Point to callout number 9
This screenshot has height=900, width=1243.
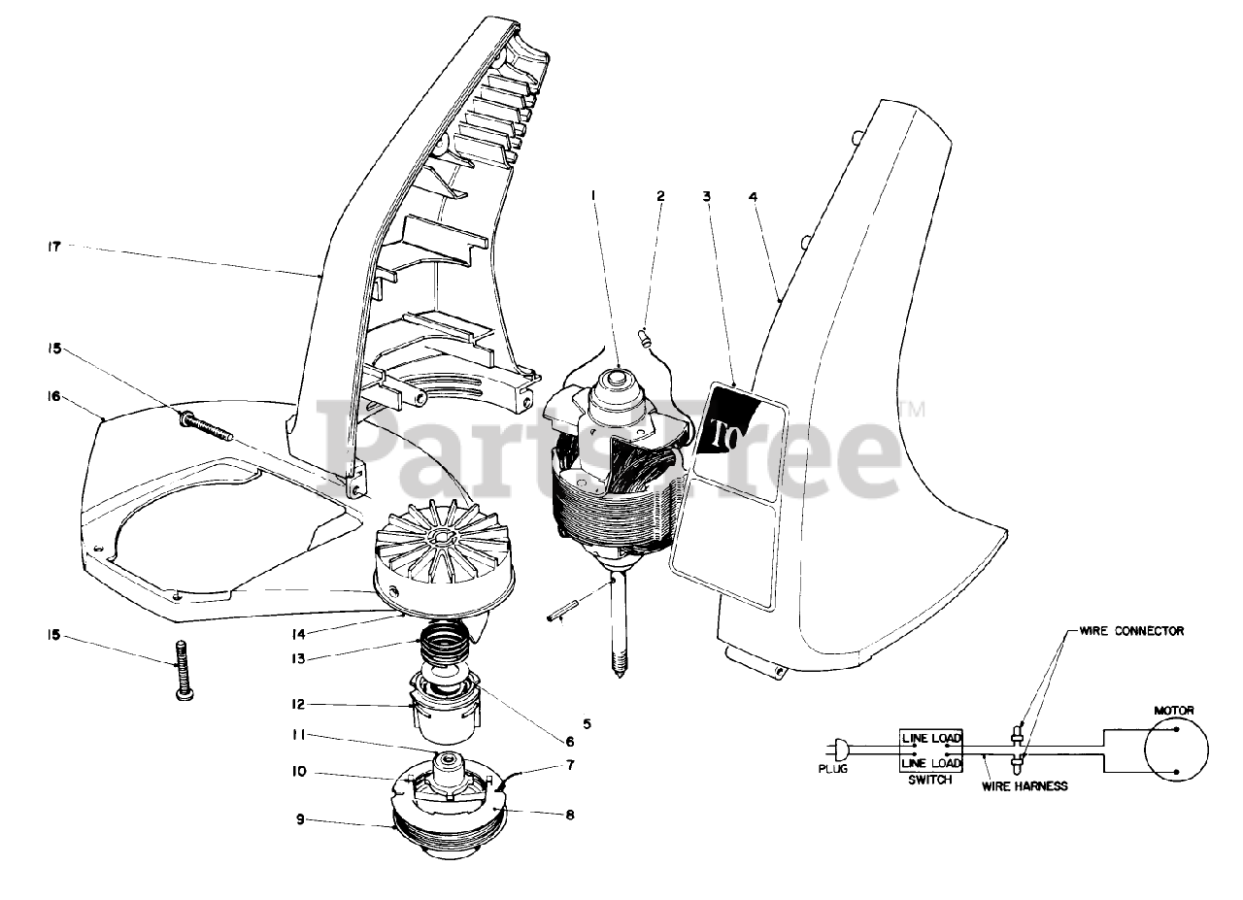coord(301,819)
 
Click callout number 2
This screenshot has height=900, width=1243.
coord(660,196)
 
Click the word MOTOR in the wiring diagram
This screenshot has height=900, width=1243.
coord(1173,711)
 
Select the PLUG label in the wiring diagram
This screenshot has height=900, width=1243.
coord(832,769)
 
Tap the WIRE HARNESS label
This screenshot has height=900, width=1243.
coord(1025,786)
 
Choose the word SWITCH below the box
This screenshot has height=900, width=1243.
coord(929,780)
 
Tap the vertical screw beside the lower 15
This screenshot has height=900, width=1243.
coord(182,669)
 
